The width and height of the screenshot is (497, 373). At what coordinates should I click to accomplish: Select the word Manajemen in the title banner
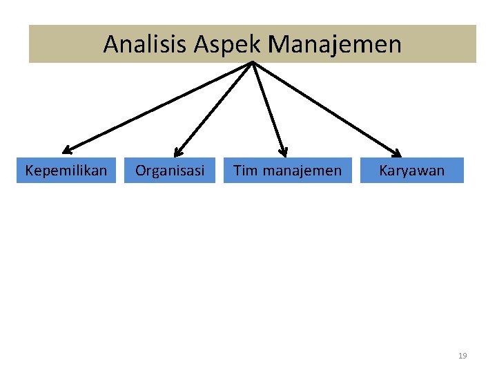pyautogui.click(x=335, y=45)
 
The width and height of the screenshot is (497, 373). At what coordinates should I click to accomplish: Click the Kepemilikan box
pyautogui.click(x=66, y=170)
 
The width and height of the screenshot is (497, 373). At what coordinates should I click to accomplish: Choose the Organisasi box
pyautogui.click(x=170, y=170)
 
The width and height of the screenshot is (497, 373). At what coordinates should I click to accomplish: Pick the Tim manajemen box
pyautogui.click(x=287, y=170)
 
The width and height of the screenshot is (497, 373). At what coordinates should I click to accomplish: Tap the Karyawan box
pyautogui.click(x=412, y=170)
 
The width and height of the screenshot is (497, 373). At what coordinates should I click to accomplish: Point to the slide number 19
pyautogui.click(x=462, y=356)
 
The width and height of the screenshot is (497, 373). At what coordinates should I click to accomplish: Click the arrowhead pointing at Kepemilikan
pyautogui.click(x=66, y=149)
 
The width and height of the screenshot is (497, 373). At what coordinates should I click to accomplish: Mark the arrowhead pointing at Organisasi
pyautogui.click(x=177, y=153)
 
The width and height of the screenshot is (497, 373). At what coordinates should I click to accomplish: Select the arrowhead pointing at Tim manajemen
pyautogui.click(x=282, y=152)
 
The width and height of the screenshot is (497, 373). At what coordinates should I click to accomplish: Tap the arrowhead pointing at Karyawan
pyautogui.click(x=397, y=153)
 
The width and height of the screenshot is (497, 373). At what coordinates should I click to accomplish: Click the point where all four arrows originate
pyautogui.click(x=253, y=63)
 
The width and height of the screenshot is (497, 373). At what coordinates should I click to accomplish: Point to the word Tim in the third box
pyautogui.click(x=243, y=170)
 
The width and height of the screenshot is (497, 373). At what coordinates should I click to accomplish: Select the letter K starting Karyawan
pyautogui.click(x=383, y=170)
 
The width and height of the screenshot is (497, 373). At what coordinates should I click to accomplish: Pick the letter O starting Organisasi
pyautogui.click(x=140, y=170)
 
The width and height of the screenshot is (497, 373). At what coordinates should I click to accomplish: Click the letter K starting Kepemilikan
pyautogui.click(x=29, y=170)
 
